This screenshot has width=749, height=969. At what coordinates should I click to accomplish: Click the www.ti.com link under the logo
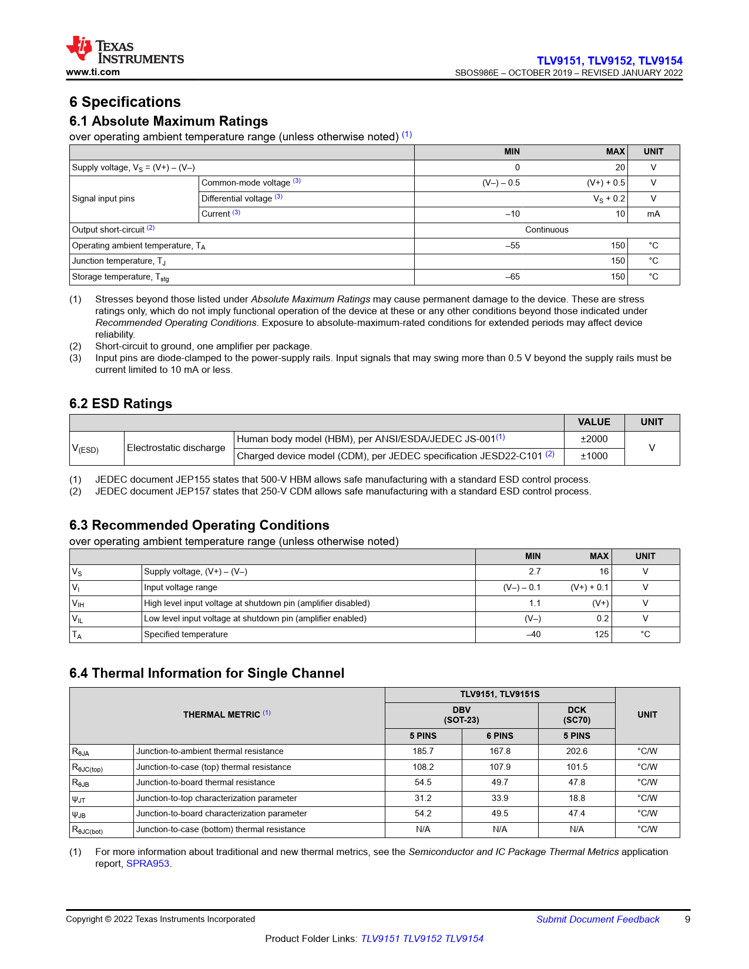tap(93, 72)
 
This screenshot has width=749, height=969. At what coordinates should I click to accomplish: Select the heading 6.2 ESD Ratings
tap(120, 403)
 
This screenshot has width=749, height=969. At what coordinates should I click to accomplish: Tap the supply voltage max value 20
tap(620, 167)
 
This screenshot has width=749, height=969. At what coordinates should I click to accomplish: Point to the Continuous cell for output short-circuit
tap(546, 230)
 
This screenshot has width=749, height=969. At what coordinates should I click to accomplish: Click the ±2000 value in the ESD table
tap(594, 439)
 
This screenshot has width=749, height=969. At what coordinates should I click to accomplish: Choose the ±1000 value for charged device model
tap(594, 456)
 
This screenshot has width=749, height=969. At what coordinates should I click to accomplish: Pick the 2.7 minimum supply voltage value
tap(534, 571)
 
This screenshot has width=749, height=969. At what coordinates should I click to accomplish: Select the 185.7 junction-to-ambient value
tap(423, 751)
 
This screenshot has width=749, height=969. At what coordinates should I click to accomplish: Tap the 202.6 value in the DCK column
tap(576, 751)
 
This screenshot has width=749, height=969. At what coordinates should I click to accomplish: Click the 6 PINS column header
tap(499, 736)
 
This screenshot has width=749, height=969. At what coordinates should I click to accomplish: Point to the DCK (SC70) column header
tap(576, 715)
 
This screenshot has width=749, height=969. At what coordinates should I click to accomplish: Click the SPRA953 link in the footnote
tap(148, 864)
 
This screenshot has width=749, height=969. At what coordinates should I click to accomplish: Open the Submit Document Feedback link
tap(597, 920)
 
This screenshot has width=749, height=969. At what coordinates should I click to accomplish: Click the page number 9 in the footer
tap(687, 920)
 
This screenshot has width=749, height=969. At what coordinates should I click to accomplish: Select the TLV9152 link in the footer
tap(422, 939)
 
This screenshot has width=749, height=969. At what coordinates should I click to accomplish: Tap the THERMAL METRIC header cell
tap(227, 715)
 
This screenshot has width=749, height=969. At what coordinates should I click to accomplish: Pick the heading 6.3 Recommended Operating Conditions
tap(199, 525)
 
